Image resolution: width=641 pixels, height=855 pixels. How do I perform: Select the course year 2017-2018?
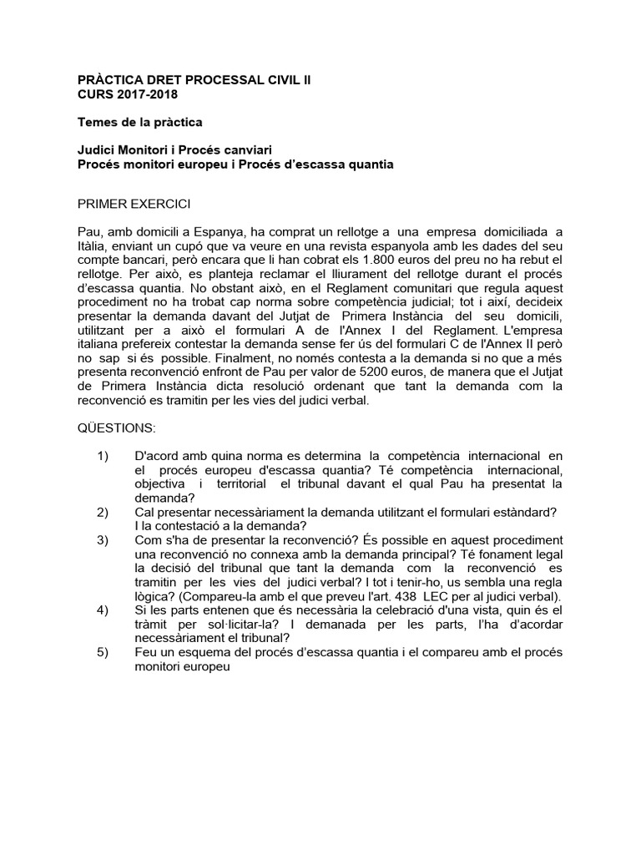pyautogui.click(x=144, y=94)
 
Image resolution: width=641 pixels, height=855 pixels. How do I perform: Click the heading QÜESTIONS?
pyautogui.click(x=116, y=427)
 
